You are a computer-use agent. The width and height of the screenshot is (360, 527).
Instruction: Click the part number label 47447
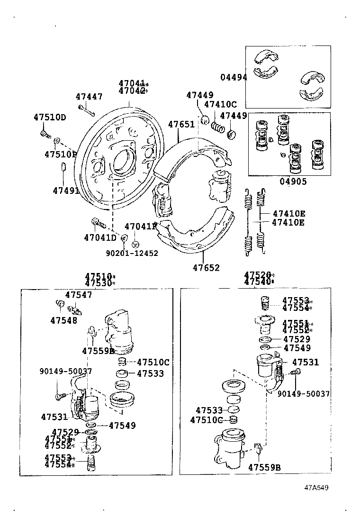(x=89, y=97)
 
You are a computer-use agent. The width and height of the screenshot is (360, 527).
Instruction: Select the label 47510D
(x=50, y=117)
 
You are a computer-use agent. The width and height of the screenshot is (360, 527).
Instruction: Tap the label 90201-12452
(x=132, y=253)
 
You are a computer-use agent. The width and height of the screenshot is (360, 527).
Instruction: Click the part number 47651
(x=181, y=125)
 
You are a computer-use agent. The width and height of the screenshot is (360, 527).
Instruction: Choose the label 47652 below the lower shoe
(x=206, y=268)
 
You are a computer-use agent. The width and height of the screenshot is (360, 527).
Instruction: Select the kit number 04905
(x=293, y=181)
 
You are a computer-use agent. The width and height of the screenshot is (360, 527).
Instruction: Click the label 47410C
(x=220, y=105)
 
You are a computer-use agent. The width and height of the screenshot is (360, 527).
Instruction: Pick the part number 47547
(x=79, y=295)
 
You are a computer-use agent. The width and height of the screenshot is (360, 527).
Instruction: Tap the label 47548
(x=63, y=320)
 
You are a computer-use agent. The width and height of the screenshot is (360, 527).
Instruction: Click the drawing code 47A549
(x=316, y=487)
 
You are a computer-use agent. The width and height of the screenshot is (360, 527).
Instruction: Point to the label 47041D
(x=100, y=237)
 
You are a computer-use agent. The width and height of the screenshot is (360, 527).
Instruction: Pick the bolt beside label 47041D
(x=96, y=221)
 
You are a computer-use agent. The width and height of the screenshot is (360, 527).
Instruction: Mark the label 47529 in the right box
(x=297, y=339)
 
